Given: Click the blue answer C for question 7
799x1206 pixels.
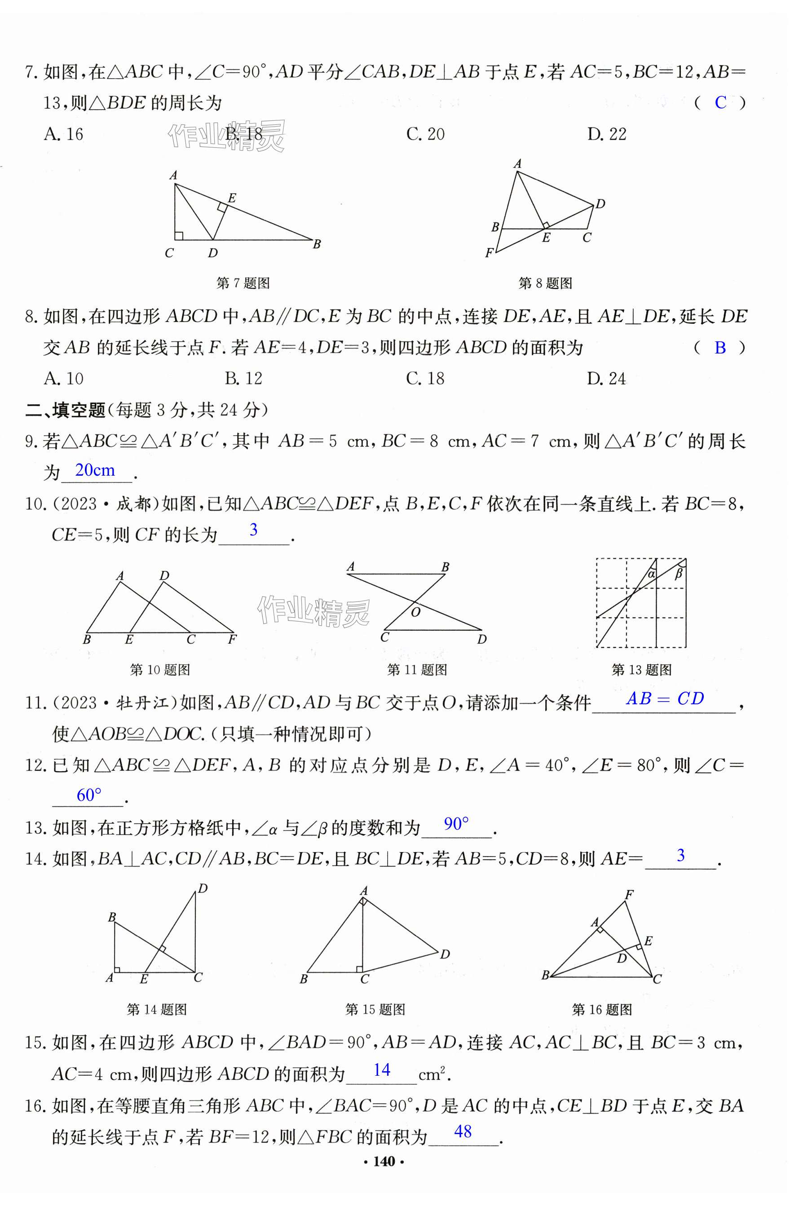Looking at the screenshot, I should (x=720, y=103).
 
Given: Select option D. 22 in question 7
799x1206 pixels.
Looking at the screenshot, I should (x=606, y=134).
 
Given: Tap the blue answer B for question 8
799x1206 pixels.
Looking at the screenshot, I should (x=720, y=348).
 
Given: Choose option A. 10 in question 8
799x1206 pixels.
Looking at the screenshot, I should (x=64, y=379).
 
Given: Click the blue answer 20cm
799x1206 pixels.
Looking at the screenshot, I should (x=95, y=470).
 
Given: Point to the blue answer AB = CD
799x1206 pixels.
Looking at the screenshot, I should (x=665, y=698).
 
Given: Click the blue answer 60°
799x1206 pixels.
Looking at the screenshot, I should (x=89, y=795).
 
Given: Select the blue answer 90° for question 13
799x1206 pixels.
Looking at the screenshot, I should (x=456, y=824).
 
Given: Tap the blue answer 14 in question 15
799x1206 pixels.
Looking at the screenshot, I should (x=382, y=1070).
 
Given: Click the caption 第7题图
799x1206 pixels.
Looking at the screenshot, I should (x=243, y=283).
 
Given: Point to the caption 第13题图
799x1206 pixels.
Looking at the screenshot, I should (x=641, y=670).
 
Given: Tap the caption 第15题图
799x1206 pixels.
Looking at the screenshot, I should (x=375, y=1010).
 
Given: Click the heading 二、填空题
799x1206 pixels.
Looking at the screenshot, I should (x=65, y=410).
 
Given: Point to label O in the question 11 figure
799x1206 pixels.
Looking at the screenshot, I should (x=416, y=612).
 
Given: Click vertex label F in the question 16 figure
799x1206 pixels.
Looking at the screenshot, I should (x=629, y=894).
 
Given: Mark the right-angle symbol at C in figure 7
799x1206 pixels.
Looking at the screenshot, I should (x=179, y=235).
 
